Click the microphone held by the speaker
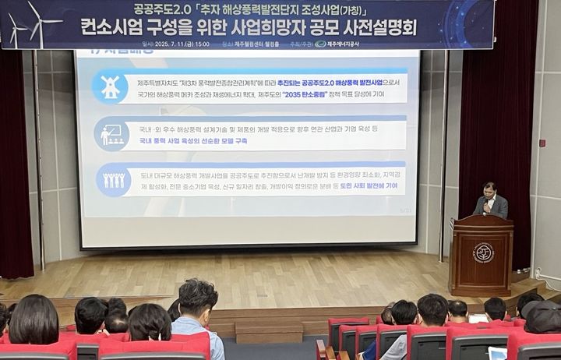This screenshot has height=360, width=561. click(x=485, y=205)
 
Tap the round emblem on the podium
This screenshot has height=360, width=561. click(x=483, y=252)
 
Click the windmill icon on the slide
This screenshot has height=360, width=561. click(x=111, y=86)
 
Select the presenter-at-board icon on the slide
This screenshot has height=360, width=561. click(x=111, y=133)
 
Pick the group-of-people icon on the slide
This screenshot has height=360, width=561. click(x=114, y=180)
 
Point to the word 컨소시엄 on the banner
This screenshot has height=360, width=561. click(x=117, y=27)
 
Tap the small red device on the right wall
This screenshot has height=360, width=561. click(x=542, y=143)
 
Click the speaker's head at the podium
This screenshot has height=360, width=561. click(x=489, y=189)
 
